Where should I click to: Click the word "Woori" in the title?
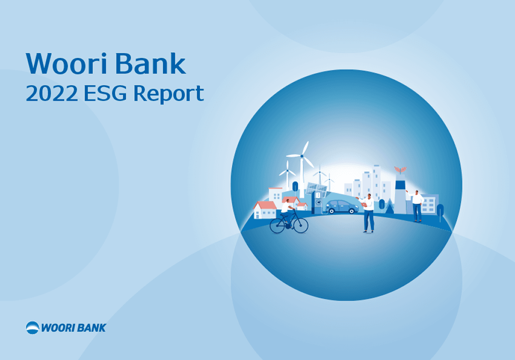click(x=67, y=63)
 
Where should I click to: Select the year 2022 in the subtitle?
click(x=52, y=94)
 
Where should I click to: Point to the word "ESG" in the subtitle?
click(x=105, y=94)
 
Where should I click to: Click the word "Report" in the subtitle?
click(x=168, y=94)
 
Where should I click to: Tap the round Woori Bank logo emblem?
click(x=33, y=327)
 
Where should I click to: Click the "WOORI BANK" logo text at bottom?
click(x=73, y=328)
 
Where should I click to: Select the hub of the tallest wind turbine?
click(x=302, y=156)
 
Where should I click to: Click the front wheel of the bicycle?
click(x=301, y=226)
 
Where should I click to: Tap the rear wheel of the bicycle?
click(x=277, y=226)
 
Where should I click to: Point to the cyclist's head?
click(x=288, y=201)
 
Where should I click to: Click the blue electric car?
click(x=342, y=207)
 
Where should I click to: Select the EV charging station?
click(x=318, y=201)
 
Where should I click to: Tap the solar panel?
click(x=317, y=190)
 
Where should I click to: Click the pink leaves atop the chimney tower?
click(x=400, y=169)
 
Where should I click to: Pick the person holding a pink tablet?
click(x=368, y=213)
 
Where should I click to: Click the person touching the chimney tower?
click(x=416, y=206)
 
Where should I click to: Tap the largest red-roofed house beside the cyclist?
click(x=265, y=210)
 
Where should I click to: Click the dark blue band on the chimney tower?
click(x=400, y=185)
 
